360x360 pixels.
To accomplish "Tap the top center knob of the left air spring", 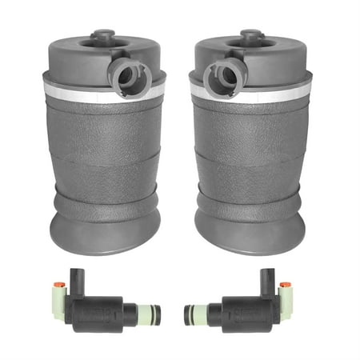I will (102, 36).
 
